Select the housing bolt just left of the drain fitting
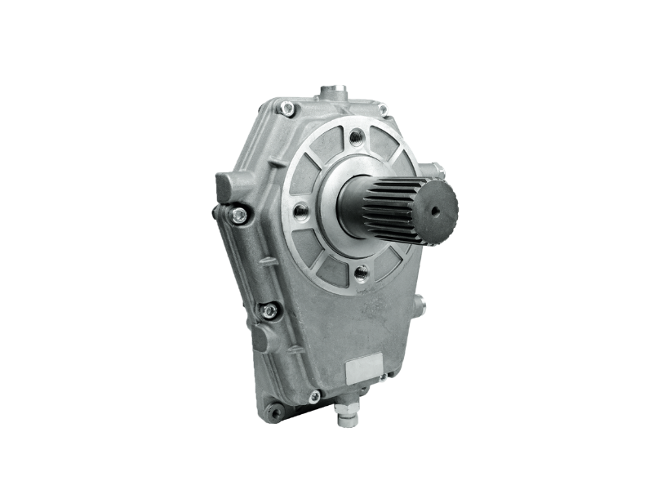pyautogui.click(x=314, y=396)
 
